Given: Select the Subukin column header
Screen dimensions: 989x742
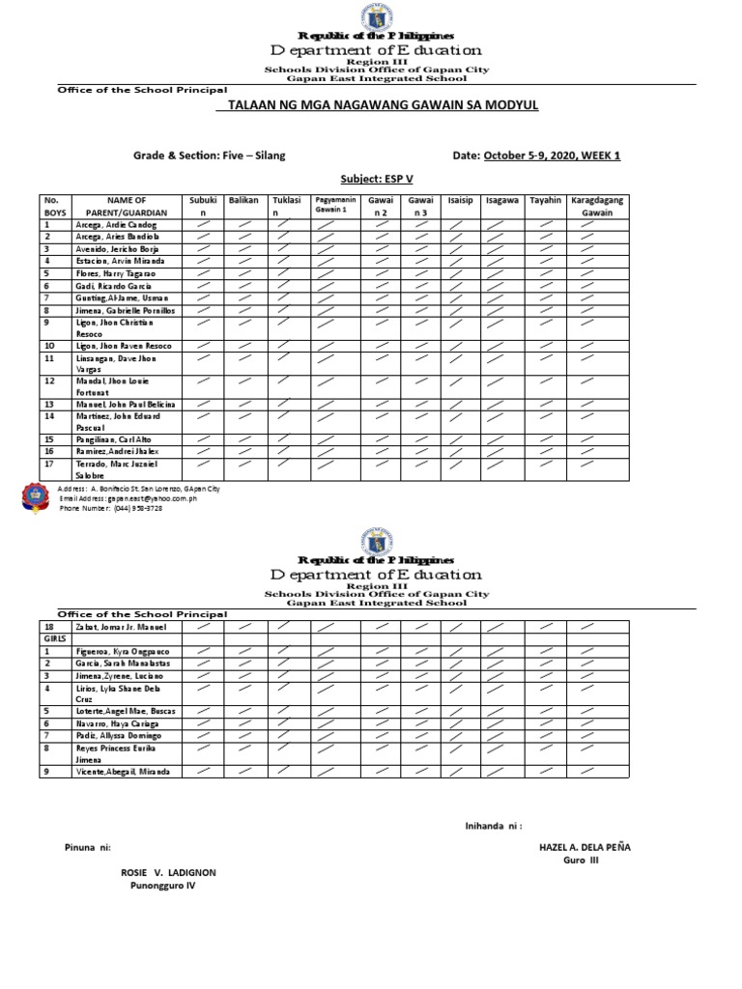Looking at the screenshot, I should tap(203, 205).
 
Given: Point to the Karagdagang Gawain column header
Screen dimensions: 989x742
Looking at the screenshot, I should tap(597, 205).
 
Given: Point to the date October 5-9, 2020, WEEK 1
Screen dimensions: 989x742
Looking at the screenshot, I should tap(552, 155).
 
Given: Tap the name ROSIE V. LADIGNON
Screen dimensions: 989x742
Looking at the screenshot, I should tap(168, 872).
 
